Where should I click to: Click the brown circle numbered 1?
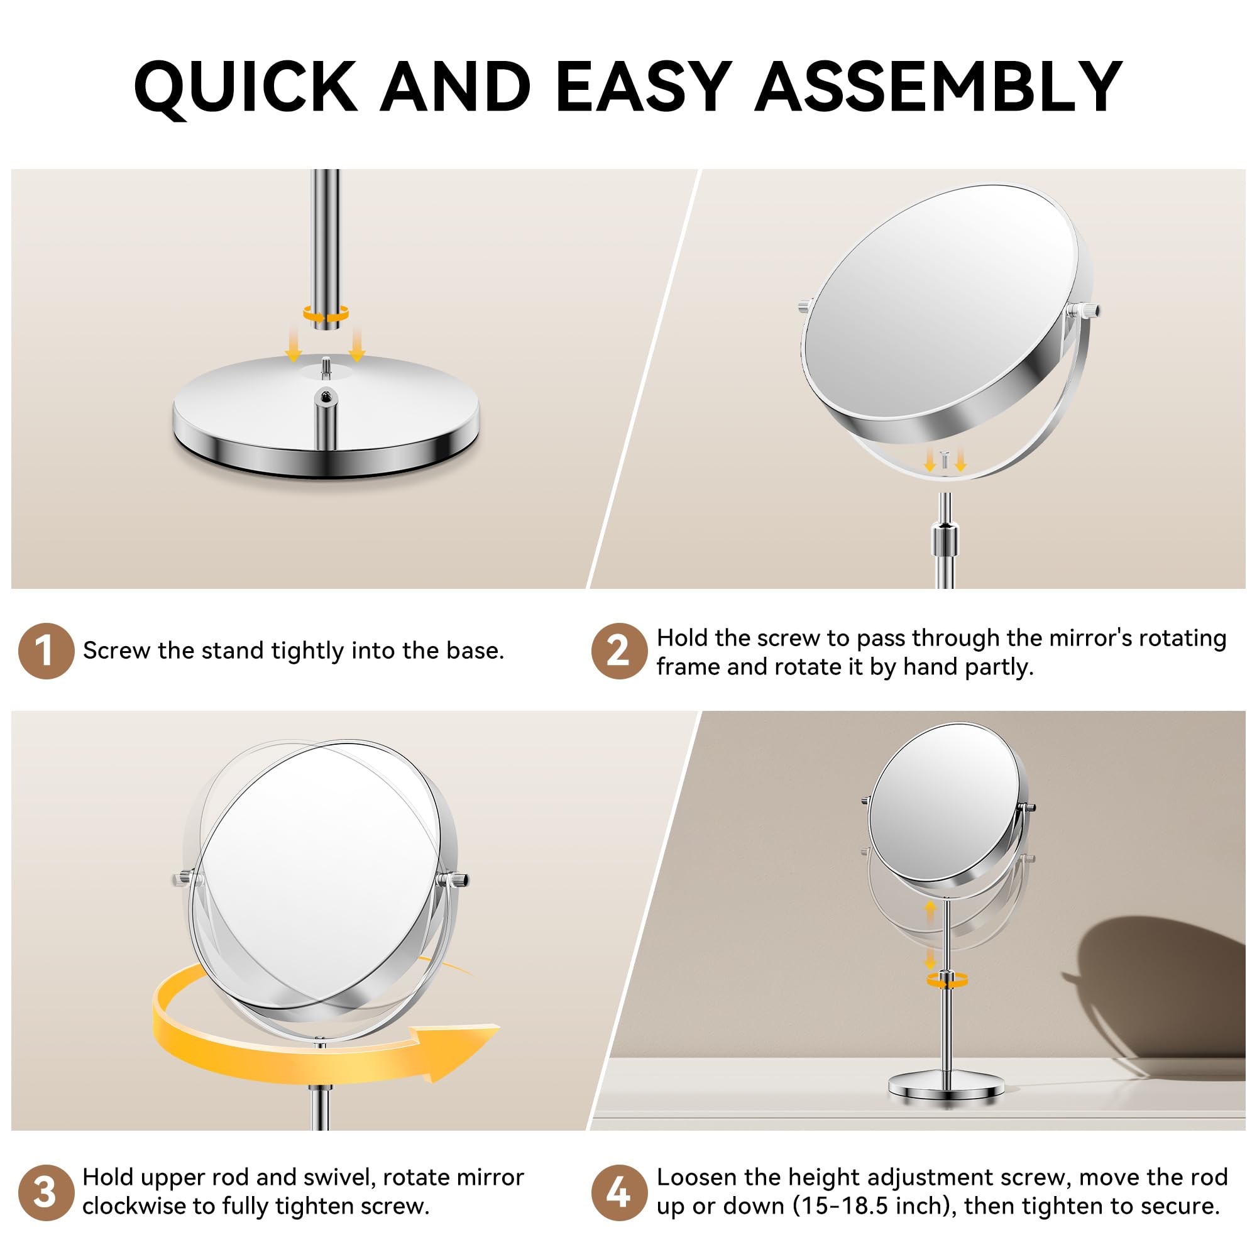click(45, 650)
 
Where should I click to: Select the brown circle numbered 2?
click(618, 650)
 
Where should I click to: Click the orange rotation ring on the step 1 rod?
click(326, 314)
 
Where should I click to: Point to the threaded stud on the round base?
click(326, 367)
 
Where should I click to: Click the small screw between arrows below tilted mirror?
click(945, 459)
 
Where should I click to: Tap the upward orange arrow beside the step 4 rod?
click(930, 909)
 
